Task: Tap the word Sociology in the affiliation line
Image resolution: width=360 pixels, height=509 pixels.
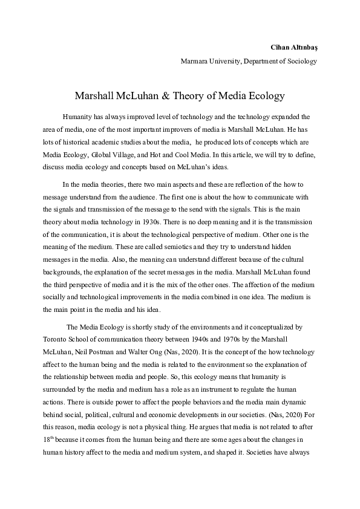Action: (301, 61)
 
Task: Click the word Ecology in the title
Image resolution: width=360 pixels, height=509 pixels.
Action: (268, 96)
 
